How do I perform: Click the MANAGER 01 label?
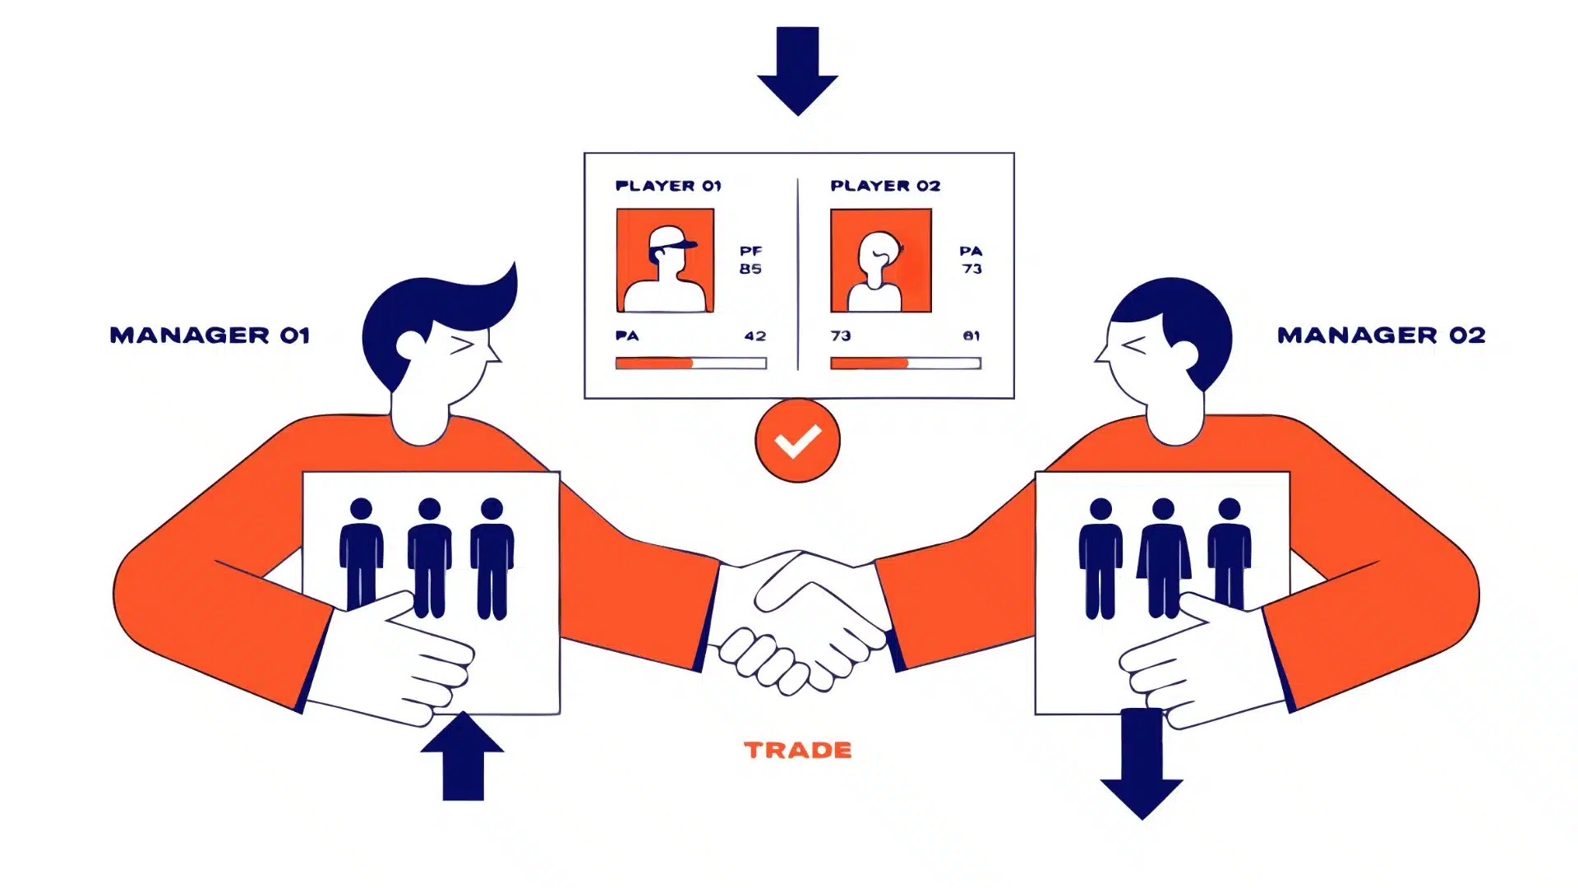point(210,335)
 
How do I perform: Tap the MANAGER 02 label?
point(1381,335)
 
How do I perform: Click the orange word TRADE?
point(798,750)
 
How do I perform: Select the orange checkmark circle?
point(797,441)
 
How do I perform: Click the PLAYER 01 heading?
point(668,186)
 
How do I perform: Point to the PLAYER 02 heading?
point(885,186)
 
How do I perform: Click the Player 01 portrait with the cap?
point(665,261)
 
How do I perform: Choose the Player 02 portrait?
point(881,261)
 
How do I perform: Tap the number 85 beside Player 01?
point(750,269)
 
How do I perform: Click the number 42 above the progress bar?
point(755,336)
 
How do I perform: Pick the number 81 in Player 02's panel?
point(971,336)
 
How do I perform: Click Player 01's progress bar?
point(691,363)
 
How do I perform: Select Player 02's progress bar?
point(906,363)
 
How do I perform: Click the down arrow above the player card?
point(797,71)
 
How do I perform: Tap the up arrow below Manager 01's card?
point(462,756)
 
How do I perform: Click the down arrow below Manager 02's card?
point(1142,764)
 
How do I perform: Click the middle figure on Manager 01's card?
point(429,557)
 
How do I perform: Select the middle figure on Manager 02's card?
point(1163,557)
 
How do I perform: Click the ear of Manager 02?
point(1185,355)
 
